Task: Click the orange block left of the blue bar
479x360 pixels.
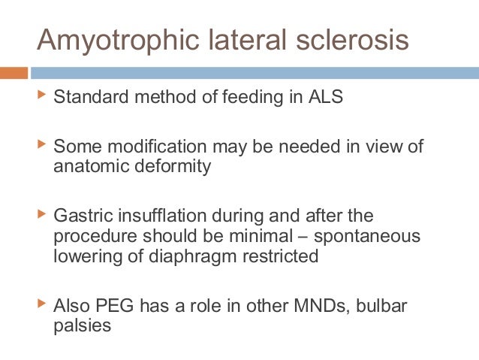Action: coord(14,73)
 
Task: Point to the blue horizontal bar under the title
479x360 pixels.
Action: coord(255,73)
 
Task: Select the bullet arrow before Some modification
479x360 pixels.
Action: coord(41,143)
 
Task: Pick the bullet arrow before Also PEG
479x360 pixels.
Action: coord(41,305)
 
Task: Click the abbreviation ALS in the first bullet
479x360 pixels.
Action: coord(326,98)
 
